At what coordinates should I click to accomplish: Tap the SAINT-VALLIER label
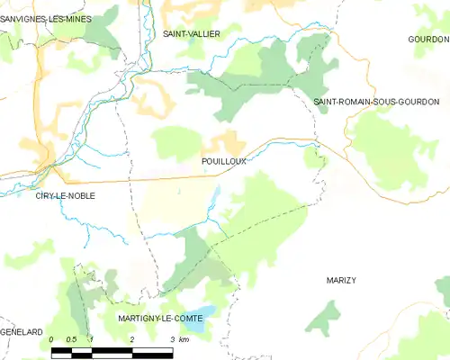click(x=191, y=33)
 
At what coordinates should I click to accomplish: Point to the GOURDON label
click(x=427, y=40)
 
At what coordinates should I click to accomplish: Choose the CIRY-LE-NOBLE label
click(x=65, y=195)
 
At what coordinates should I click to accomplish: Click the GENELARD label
click(x=22, y=332)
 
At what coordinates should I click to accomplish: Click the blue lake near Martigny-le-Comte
click(x=205, y=315)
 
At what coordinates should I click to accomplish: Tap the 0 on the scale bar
click(x=51, y=339)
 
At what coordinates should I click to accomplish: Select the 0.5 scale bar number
click(x=71, y=339)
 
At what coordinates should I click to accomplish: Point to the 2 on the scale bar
click(x=132, y=339)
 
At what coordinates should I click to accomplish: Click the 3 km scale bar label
click(x=177, y=339)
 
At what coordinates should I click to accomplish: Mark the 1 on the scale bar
click(x=92, y=339)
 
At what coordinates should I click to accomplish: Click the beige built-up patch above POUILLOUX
click(x=227, y=141)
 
